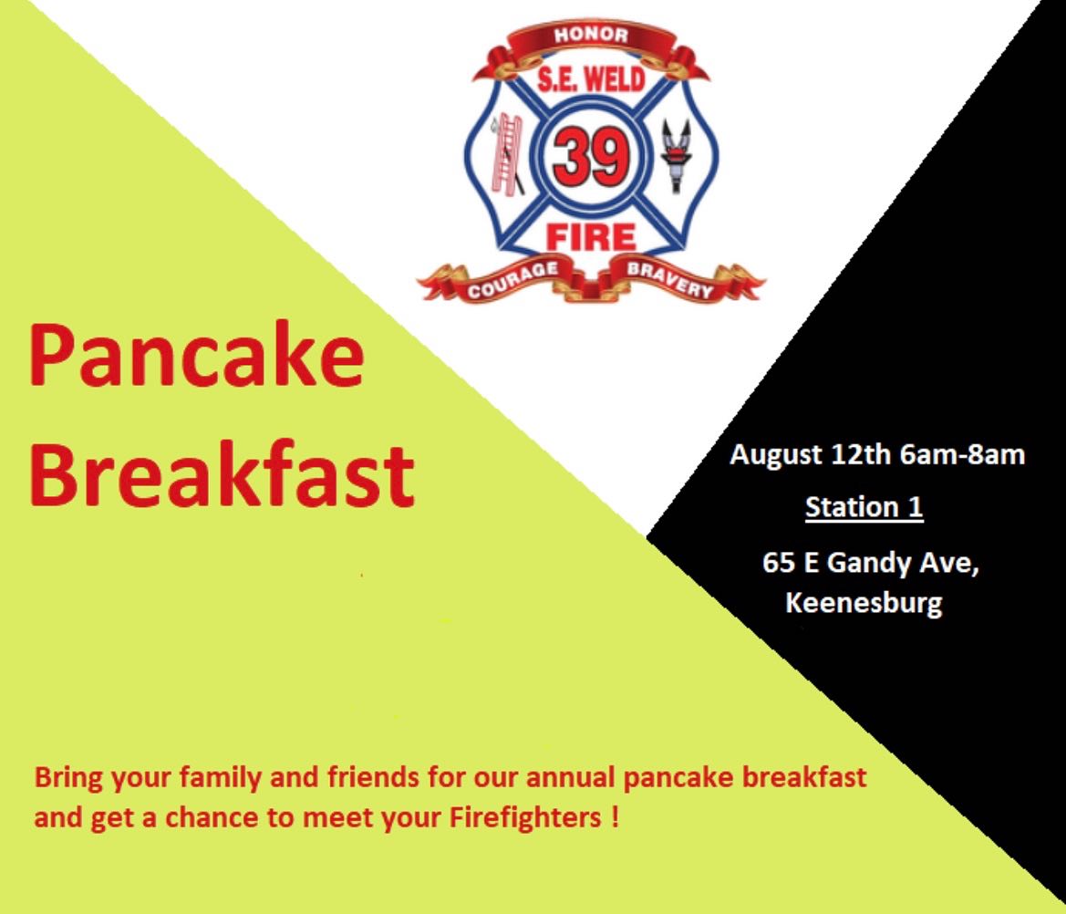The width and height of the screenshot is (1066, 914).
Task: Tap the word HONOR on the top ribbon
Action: tap(591, 36)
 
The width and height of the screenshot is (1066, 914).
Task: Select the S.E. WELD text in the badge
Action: tap(591, 80)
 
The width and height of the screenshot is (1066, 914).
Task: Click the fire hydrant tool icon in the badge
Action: tap(676, 156)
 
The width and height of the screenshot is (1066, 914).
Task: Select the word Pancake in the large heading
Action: tap(196, 356)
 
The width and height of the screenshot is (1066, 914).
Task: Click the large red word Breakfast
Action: tap(222, 473)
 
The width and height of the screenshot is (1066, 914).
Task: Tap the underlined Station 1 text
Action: tap(864, 507)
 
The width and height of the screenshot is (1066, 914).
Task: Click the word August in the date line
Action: tap(776, 454)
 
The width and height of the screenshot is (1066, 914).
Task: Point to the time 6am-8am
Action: tap(962, 454)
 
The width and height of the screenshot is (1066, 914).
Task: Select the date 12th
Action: tap(861, 454)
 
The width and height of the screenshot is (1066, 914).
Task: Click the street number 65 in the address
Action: tap(779, 563)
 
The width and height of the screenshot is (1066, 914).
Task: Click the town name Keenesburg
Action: tap(864, 604)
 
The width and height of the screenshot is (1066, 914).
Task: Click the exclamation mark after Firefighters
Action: tap(616, 816)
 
